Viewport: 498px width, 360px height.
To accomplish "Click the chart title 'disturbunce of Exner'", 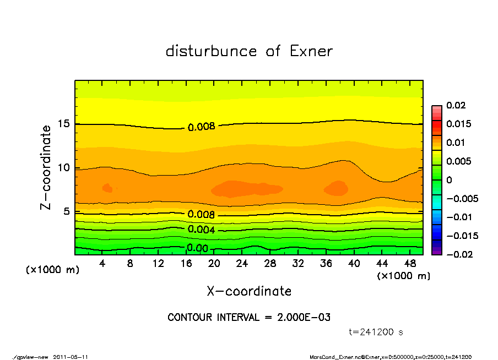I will coord(249,51).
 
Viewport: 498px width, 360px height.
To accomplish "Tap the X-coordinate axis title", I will coord(249,291).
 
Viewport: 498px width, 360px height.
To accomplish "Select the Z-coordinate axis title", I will coord(46,167).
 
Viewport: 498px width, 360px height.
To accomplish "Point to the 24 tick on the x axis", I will coord(242,264).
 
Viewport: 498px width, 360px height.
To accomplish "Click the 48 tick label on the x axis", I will coord(409,264).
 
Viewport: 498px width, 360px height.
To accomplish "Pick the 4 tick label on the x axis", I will coord(102,264).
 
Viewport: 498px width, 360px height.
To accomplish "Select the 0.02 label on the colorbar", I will coord(456,105).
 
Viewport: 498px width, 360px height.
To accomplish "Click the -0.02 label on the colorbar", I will coord(458,254).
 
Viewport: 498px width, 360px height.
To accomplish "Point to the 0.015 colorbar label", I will coord(458,124).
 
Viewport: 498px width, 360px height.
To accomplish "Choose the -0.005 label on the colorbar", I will coord(461,198).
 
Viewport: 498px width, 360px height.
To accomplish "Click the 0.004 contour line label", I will coord(201,230).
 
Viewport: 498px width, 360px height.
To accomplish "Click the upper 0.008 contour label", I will coord(201,127).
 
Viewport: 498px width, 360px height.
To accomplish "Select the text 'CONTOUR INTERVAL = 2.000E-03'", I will coord(249,318).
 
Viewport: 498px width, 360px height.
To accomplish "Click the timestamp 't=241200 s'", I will coord(376,332).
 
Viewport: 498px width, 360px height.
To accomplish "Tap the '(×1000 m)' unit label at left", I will coord(50,270).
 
